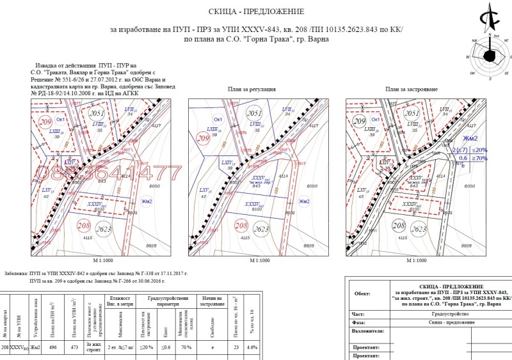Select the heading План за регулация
click(x=252, y=89)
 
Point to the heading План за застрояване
click(x=411, y=89)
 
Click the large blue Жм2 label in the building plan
click(x=470, y=139)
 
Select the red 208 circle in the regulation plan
click(x=241, y=226)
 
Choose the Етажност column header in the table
click(x=120, y=301)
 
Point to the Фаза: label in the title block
click(x=360, y=323)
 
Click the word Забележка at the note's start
click(x=17, y=273)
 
